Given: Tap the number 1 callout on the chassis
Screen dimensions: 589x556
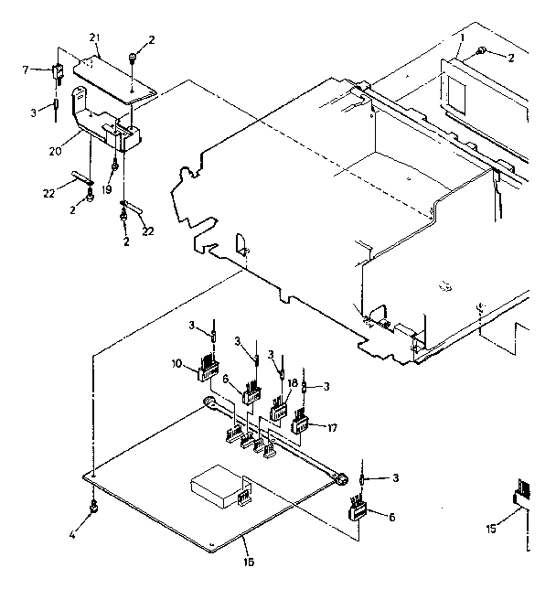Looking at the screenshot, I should pyautogui.click(x=464, y=36).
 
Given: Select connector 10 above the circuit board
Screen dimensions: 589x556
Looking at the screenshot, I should pyautogui.click(x=209, y=370).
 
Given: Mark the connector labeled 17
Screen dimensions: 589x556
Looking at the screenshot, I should pyautogui.click(x=301, y=423).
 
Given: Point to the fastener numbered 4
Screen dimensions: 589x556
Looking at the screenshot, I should pyautogui.click(x=93, y=508).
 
